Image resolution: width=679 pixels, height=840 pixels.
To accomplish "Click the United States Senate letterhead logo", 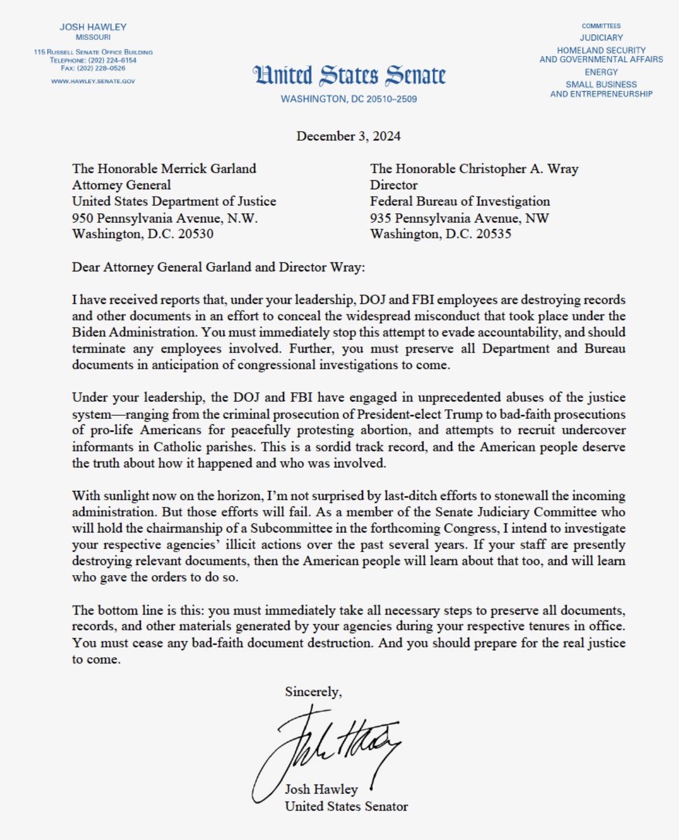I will point(349,76).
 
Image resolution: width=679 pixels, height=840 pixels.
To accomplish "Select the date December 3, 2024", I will point(348,136).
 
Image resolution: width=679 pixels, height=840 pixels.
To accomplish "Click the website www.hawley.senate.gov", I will point(93,82).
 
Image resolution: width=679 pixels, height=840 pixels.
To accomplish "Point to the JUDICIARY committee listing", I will point(601,38).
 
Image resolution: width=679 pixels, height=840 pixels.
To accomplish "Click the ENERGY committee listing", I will point(601,72).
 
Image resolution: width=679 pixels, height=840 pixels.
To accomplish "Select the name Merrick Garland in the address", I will point(208,169).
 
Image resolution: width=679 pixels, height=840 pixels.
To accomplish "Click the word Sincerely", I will point(313,692).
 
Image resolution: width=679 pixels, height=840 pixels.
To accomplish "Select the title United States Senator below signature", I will point(346,806).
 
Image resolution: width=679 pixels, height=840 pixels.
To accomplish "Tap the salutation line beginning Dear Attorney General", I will point(219,267).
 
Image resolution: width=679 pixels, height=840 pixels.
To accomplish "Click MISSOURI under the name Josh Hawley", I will point(93,37).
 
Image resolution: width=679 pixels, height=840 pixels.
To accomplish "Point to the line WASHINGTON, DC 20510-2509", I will point(349,99).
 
